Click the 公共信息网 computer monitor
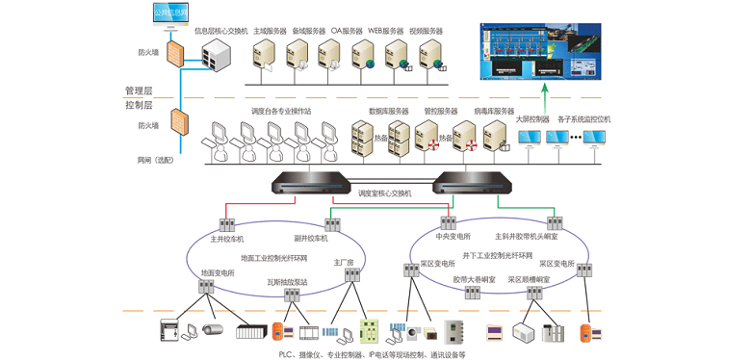[170, 13]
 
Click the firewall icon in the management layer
[176, 53]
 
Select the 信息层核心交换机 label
[221, 31]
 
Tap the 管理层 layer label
[142, 90]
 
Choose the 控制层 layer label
[142, 104]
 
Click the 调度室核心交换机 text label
[384, 193]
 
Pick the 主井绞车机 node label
[227, 239]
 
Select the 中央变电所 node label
[453, 236]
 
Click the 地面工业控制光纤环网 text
[273, 258]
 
